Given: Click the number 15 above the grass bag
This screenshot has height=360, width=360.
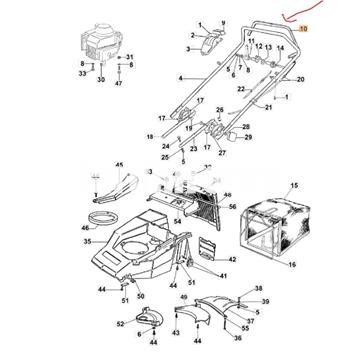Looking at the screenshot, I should pos(293,186).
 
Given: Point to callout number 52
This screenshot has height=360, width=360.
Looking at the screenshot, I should pos(121,324).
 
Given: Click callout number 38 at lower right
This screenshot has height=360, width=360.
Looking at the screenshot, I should pos(258,287).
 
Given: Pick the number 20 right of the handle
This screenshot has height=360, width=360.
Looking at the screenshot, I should pos(301,79).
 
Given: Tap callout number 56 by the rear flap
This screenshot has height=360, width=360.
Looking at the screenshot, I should pos(231,206).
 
